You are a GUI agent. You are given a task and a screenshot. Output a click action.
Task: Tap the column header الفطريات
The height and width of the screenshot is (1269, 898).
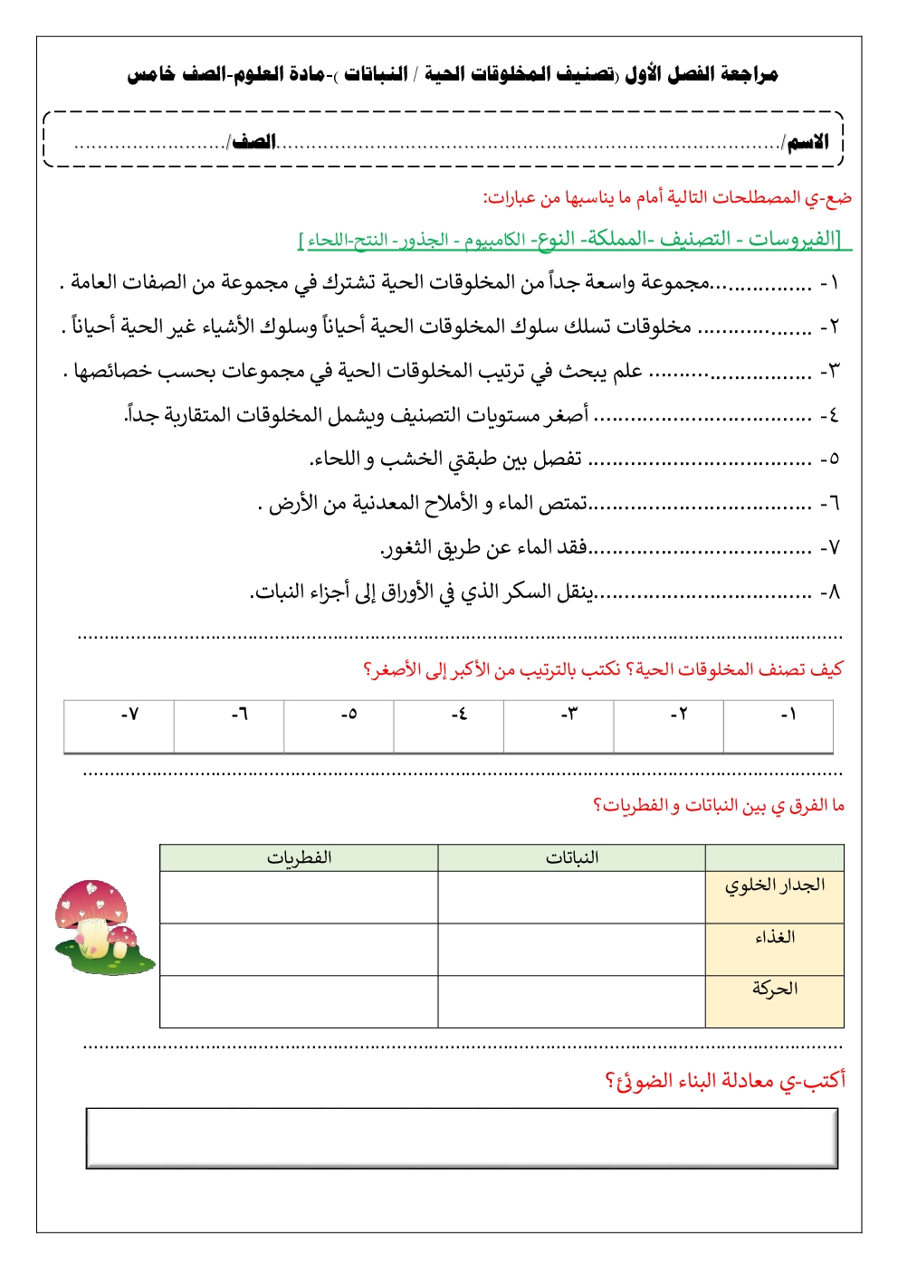point(299,857)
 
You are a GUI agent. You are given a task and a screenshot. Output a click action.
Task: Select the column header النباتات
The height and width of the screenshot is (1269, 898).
point(571,857)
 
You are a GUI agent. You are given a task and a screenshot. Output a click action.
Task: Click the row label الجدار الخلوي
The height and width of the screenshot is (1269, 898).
point(774,885)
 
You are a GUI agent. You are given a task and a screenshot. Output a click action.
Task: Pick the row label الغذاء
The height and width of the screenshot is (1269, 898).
point(775,937)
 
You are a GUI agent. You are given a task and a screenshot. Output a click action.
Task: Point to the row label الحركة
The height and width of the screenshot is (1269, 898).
point(774,989)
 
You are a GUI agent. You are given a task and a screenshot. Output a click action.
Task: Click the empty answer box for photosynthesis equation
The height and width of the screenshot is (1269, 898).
point(462,1138)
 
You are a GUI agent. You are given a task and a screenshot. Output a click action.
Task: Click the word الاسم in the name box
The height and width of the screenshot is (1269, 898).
point(807,143)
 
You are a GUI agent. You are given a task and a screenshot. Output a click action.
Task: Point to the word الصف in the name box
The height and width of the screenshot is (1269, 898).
point(254,143)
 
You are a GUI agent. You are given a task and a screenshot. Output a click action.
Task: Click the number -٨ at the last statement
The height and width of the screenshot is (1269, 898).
point(829,592)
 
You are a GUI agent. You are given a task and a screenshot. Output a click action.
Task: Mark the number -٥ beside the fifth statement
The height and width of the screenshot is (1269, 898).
point(829,459)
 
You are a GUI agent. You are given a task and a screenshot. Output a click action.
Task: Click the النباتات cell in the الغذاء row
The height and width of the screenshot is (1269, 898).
point(571,949)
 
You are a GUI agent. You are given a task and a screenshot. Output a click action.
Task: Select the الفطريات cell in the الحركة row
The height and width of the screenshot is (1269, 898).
point(299,1001)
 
